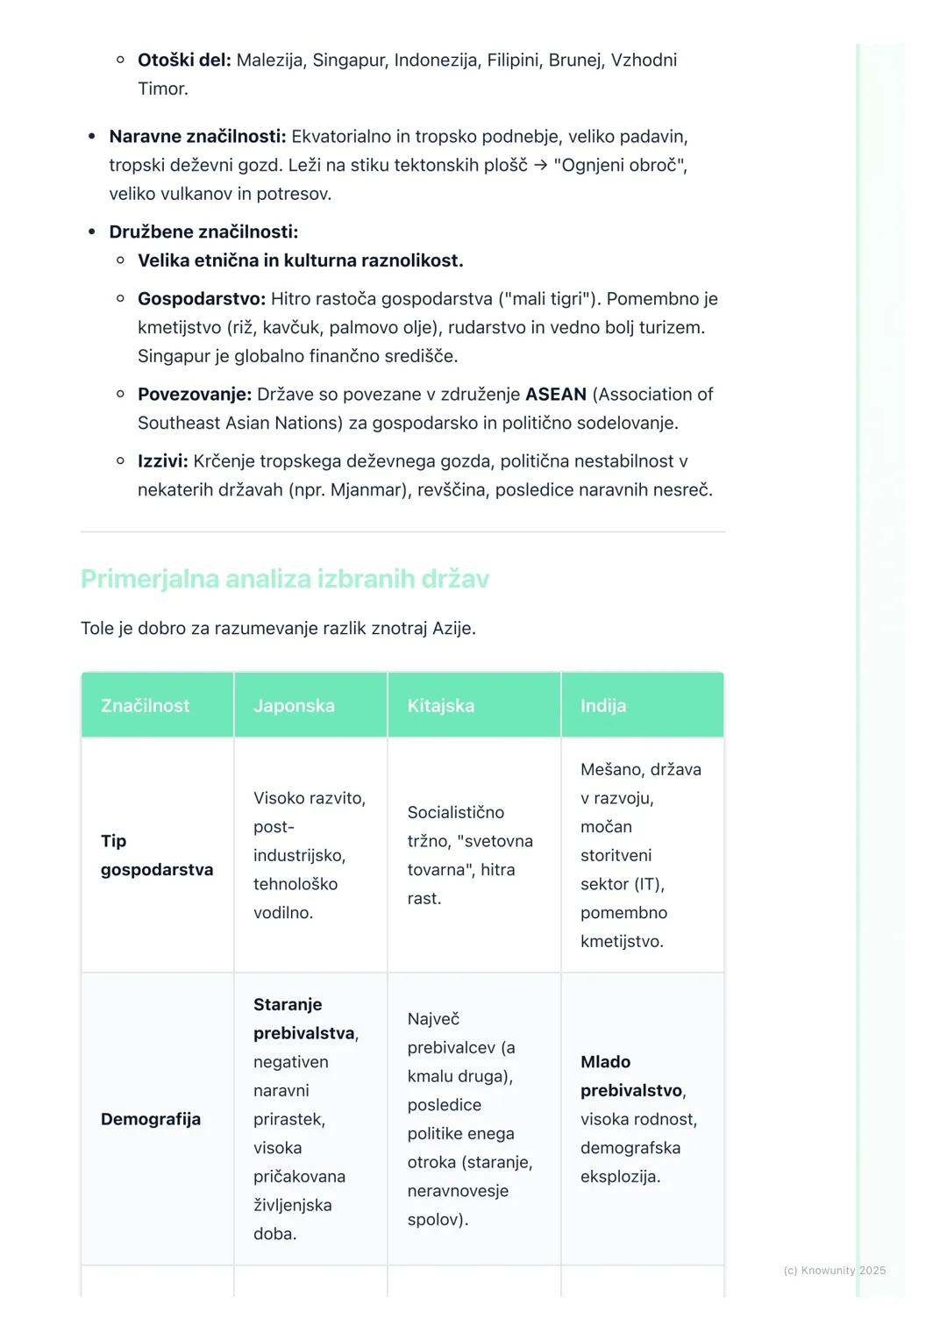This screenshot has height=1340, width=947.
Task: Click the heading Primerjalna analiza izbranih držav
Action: click(x=285, y=579)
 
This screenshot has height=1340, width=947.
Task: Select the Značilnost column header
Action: click(x=145, y=706)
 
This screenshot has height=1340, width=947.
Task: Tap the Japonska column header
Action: click(x=294, y=706)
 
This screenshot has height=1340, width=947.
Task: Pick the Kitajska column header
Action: click(x=440, y=706)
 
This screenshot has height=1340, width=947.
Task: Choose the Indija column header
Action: click(x=603, y=706)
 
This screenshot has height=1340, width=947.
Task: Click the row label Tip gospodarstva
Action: click(x=156, y=855)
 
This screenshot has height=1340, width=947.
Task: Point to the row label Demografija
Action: click(x=151, y=1119)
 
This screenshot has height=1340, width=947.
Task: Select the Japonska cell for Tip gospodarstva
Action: click(x=309, y=855)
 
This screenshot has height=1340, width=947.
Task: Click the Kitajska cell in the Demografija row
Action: click(x=469, y=1119)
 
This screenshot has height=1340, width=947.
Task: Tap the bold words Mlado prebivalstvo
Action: click(x=631, y=1076)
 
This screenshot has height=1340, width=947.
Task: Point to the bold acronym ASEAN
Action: click(x=556, y=395)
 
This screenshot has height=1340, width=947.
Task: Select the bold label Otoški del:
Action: click(x=184, y=61)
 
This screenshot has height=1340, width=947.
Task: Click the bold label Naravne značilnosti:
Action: click(x=197, y=137)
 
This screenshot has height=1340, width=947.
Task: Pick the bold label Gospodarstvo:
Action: click(x=202, y=299)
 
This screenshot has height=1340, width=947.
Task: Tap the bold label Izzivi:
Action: click(x=163, y=461)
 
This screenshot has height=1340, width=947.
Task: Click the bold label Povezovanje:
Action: click(x=195, y=395)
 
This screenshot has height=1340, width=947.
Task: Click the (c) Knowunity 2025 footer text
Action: click(x=834, y=1271)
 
